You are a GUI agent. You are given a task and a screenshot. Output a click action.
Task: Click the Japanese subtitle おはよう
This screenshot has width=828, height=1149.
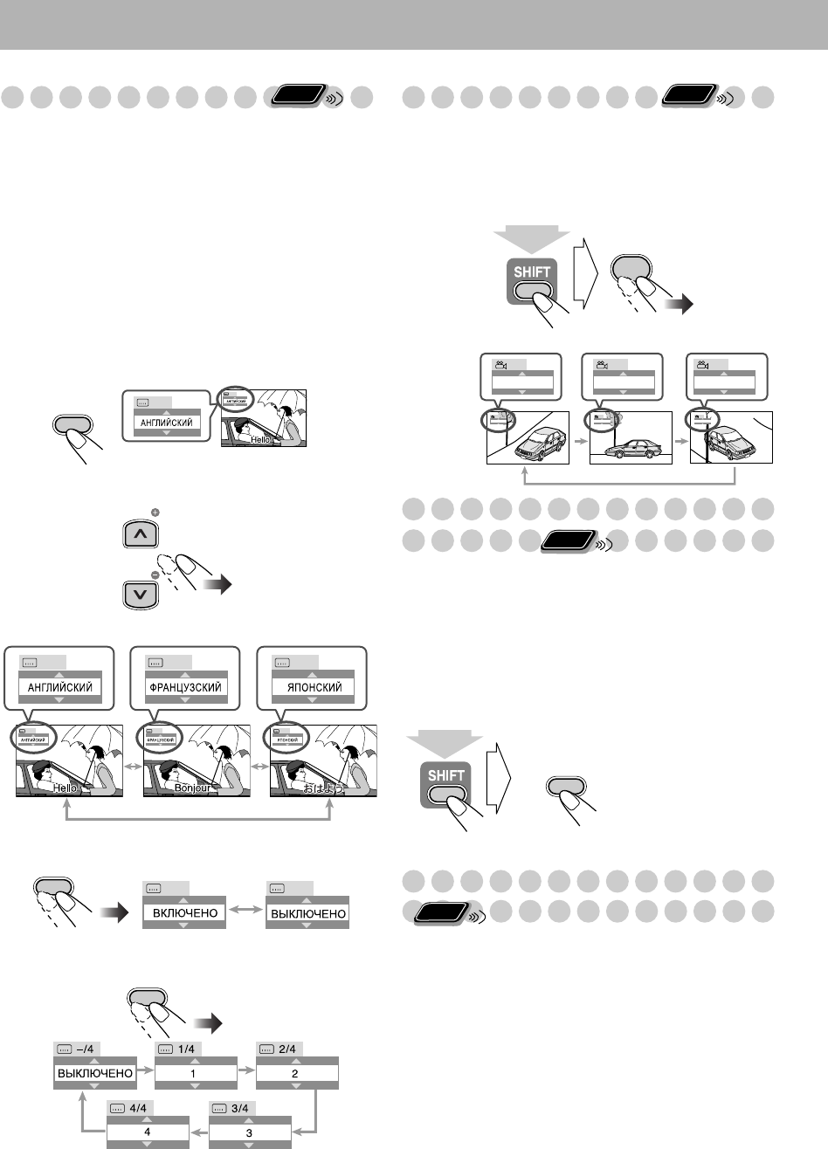tap(323, 788)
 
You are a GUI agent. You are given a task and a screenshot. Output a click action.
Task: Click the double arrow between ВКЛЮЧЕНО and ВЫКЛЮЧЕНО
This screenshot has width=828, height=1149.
tap(245, 912)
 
